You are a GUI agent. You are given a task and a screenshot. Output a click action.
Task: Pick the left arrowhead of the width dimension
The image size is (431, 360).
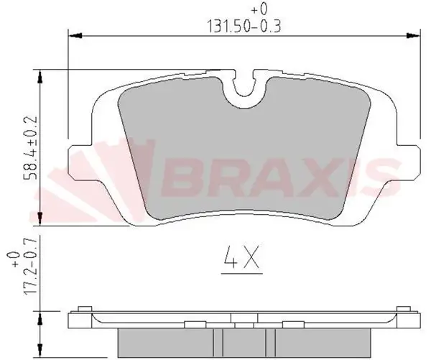pos(73,33)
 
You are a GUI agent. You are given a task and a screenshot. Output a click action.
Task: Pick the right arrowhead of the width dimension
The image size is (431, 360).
pos(415,33)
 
